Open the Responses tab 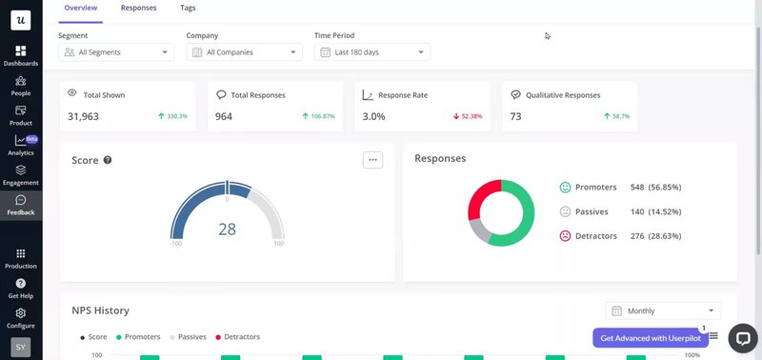click(139, 8)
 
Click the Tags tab click(189, 8)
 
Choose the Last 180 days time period click(372, 52)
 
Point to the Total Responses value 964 click(224, 116)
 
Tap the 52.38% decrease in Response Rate click(468, 116)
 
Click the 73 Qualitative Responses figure click(515, 116)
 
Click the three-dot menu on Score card click(372, 160)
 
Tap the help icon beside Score click(108, 160)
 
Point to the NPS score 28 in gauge click(227, 230)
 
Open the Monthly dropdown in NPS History click(663, 310)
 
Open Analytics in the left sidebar click(21, 145)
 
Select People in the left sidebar click(21, 86)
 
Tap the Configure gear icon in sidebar click(21, 317)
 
